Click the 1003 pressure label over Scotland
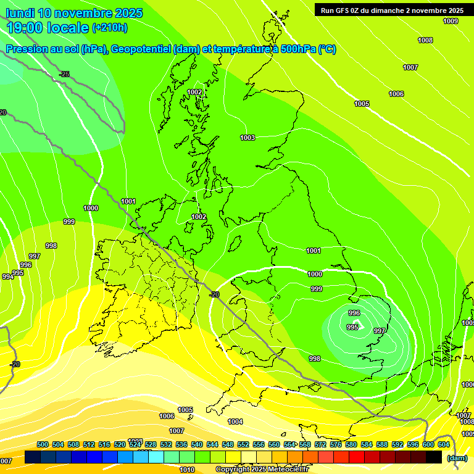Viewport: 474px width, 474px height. click(247, 138)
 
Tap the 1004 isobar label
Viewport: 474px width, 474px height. click(235, 422)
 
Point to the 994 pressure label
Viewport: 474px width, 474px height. click(7, 276)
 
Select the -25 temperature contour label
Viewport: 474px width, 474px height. click(64, 74)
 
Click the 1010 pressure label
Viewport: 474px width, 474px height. click(187, 470)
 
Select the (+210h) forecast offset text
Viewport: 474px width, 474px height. click(109, 28)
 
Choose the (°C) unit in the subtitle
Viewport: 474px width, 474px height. click(327, 49)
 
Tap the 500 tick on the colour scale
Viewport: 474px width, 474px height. click(43, 444)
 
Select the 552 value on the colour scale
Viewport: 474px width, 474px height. click(243, 444)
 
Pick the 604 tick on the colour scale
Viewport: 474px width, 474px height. click(443, 444)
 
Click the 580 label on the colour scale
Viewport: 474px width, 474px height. click(351, 444)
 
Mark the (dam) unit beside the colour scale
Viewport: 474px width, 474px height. click(457, 458)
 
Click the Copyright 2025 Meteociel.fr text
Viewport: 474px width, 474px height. click(262, 470)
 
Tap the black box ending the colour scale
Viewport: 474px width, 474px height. click(434, 457)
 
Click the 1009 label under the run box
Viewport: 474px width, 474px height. click(451, 21)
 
